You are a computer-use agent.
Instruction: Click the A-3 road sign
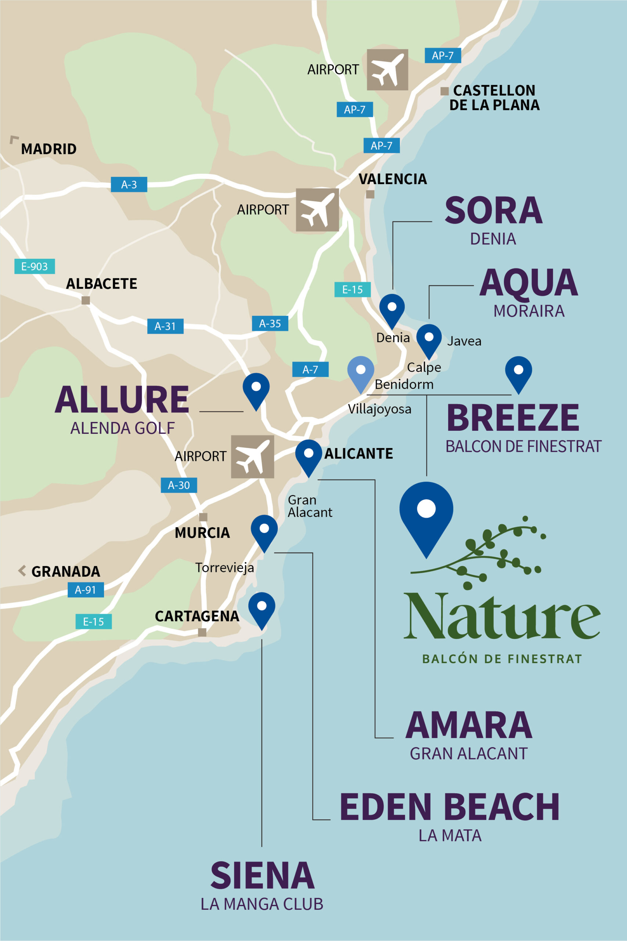tap(129, 185)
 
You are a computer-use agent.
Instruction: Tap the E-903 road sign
tap(35, 266)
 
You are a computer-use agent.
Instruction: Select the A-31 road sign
tap(165, 326)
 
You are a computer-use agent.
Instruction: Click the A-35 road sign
tap(270, 323)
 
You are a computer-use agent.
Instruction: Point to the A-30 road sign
tap(179, 485)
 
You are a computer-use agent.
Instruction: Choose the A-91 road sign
tap(86, 590)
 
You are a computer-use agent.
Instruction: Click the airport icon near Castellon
tap(388, 69)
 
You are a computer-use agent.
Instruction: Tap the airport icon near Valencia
tap(317, 210)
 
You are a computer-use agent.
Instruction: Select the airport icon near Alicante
tap(252, 457)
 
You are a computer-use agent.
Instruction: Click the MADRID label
tap(49, 149)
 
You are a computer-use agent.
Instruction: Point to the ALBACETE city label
tap(102, 284)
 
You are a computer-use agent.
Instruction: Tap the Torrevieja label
tap(224, 568)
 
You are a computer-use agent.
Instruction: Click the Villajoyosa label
tap(379, 409)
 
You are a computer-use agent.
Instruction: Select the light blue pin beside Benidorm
tap(361, 372)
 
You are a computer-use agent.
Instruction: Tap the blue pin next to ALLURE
tap(256, 389)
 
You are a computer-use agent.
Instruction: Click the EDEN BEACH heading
tap(450, 806)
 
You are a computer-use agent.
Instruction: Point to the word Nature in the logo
tap(502, 616)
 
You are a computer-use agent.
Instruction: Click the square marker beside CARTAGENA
tap(202, 632)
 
